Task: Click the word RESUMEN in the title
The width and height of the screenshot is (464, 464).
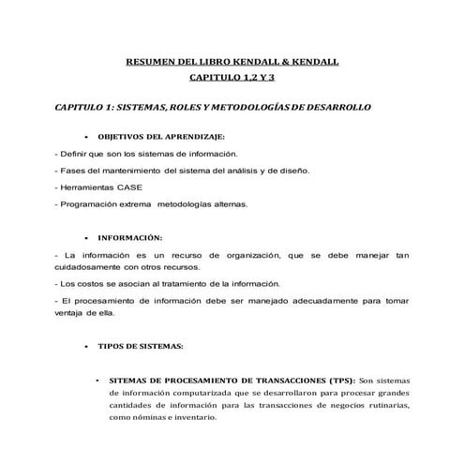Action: [x=150, y=62]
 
